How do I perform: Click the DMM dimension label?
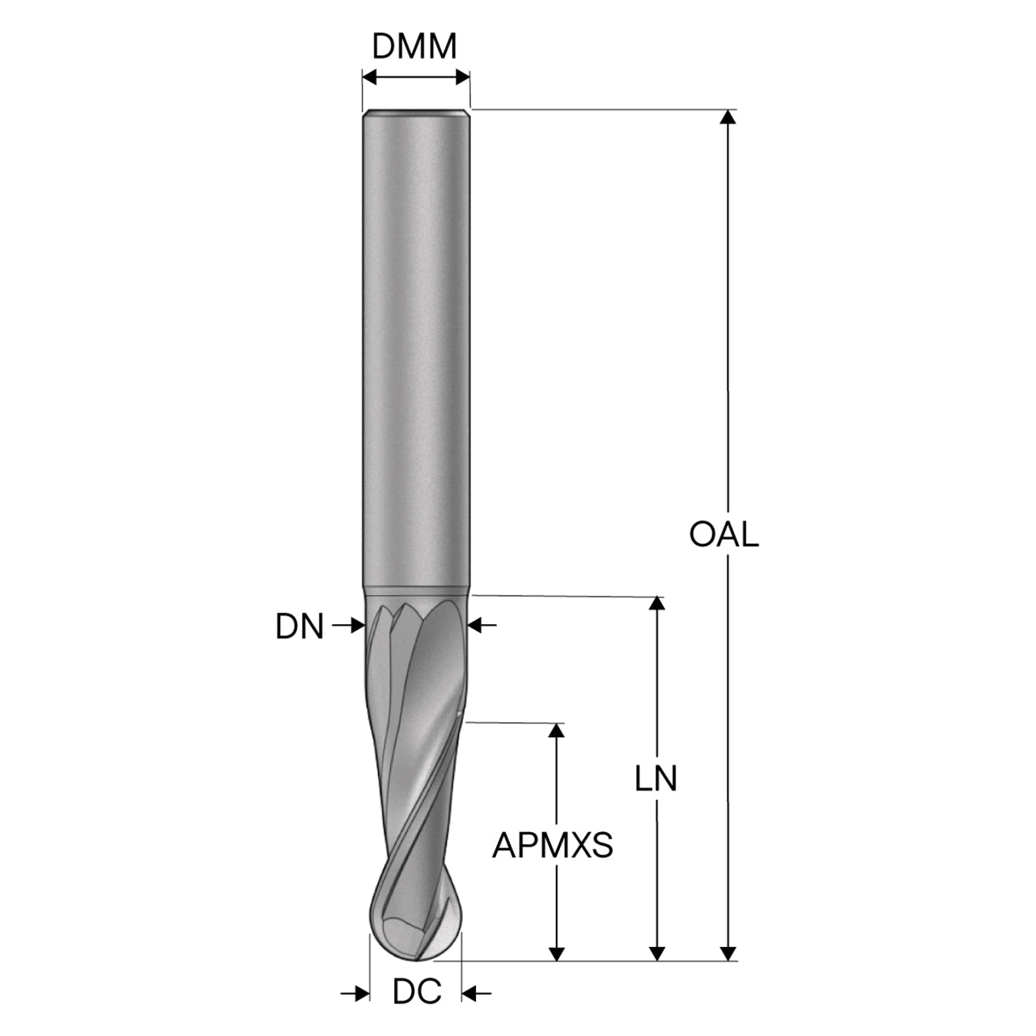[414, 46]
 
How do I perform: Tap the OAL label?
[724, 534]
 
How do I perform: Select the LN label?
[656, 779]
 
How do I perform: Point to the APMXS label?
[552, 845]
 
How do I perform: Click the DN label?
[299, 626]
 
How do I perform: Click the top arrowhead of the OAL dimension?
[728, 117]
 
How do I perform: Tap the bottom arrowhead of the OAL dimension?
[728, 953]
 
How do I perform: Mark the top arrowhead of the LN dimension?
[656, 603]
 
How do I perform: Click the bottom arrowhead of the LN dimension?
[656, 953]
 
